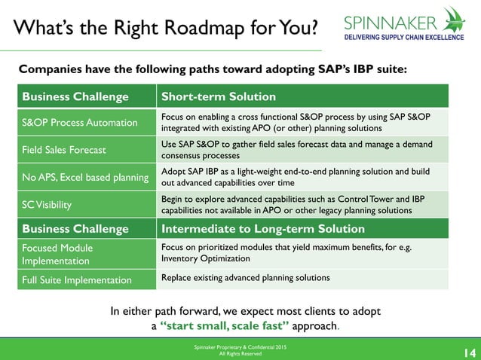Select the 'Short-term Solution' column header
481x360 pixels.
(218, 97)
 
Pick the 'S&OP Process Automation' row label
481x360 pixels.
(80, 123)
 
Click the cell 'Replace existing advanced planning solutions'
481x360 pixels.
(246, 278)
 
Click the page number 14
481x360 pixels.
(467, 350)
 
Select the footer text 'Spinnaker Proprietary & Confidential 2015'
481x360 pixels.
(240, 346)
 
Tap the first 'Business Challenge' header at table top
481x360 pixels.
(75, 97)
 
